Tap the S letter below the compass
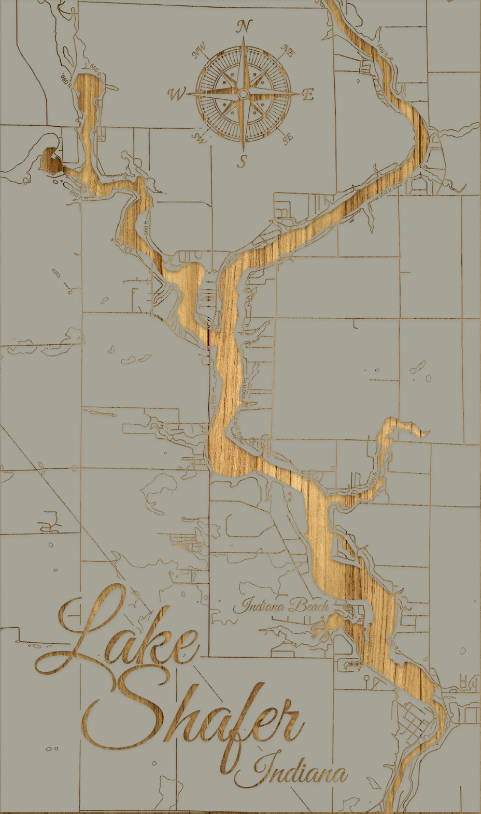(242, 161)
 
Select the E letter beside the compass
(308, 95)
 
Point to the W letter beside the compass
(177, 94)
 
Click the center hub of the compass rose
(243, 94)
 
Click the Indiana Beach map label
(280, 605)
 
